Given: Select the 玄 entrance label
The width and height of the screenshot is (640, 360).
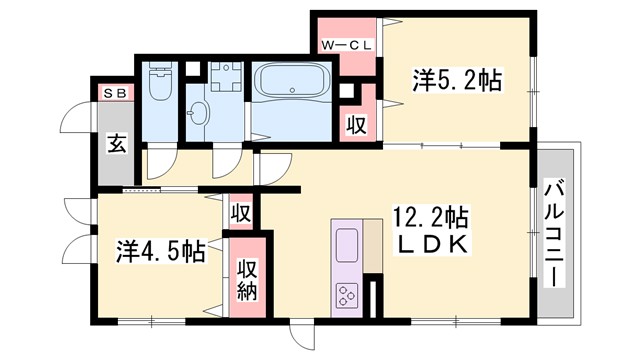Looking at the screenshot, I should tap(116, 144).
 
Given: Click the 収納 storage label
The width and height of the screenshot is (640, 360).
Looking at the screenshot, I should tap(248, 279).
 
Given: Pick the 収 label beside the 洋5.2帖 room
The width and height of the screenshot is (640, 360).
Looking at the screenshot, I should tap(356, 125).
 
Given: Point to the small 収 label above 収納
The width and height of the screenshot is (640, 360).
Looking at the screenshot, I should tap(240, 213).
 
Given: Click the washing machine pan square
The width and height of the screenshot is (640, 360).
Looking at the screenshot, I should tap(226, 79).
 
